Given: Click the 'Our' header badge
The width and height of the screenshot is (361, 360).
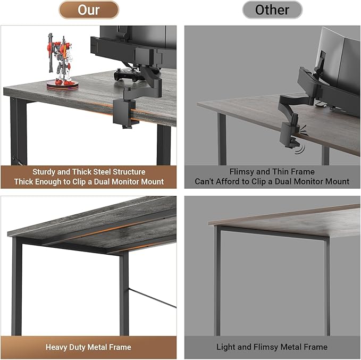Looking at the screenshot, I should pos(89,10).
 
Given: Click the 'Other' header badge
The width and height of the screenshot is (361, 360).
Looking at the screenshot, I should pos(272,10).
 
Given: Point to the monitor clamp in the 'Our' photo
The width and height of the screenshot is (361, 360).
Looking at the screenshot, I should pos(123,109).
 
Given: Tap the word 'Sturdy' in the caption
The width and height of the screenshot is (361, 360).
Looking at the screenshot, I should pos(45,172).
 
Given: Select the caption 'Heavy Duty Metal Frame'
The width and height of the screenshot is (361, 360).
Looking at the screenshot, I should pos(88,347).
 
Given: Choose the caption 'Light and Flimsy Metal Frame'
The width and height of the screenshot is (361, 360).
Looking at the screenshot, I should pos(272,347).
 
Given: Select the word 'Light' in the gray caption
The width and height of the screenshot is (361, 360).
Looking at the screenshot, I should pos(226,347).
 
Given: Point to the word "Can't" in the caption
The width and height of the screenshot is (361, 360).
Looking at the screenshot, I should pos(205,182).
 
